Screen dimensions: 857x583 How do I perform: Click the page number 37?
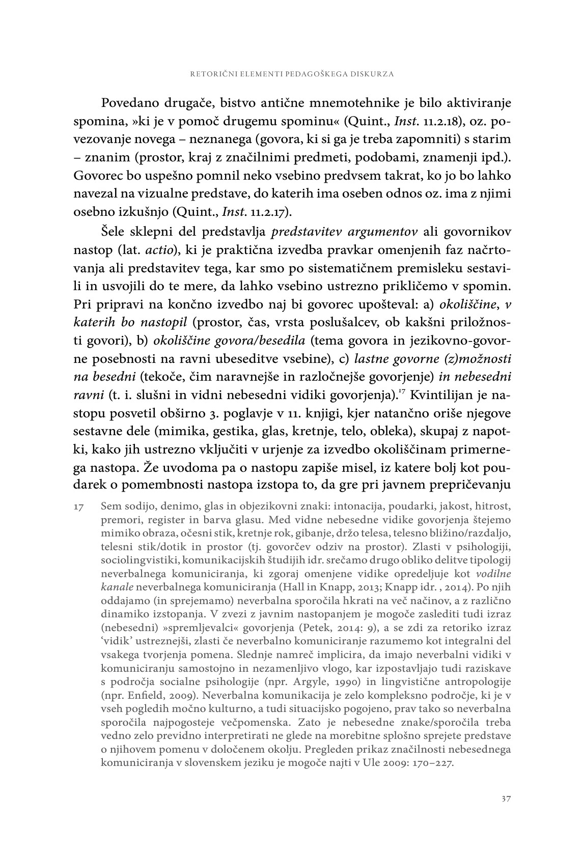point(506,798)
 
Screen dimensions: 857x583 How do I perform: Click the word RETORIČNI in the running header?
point(208,74)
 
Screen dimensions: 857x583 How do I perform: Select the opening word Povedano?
point(130,103)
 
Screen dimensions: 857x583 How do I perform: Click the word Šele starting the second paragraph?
point(115,233)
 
